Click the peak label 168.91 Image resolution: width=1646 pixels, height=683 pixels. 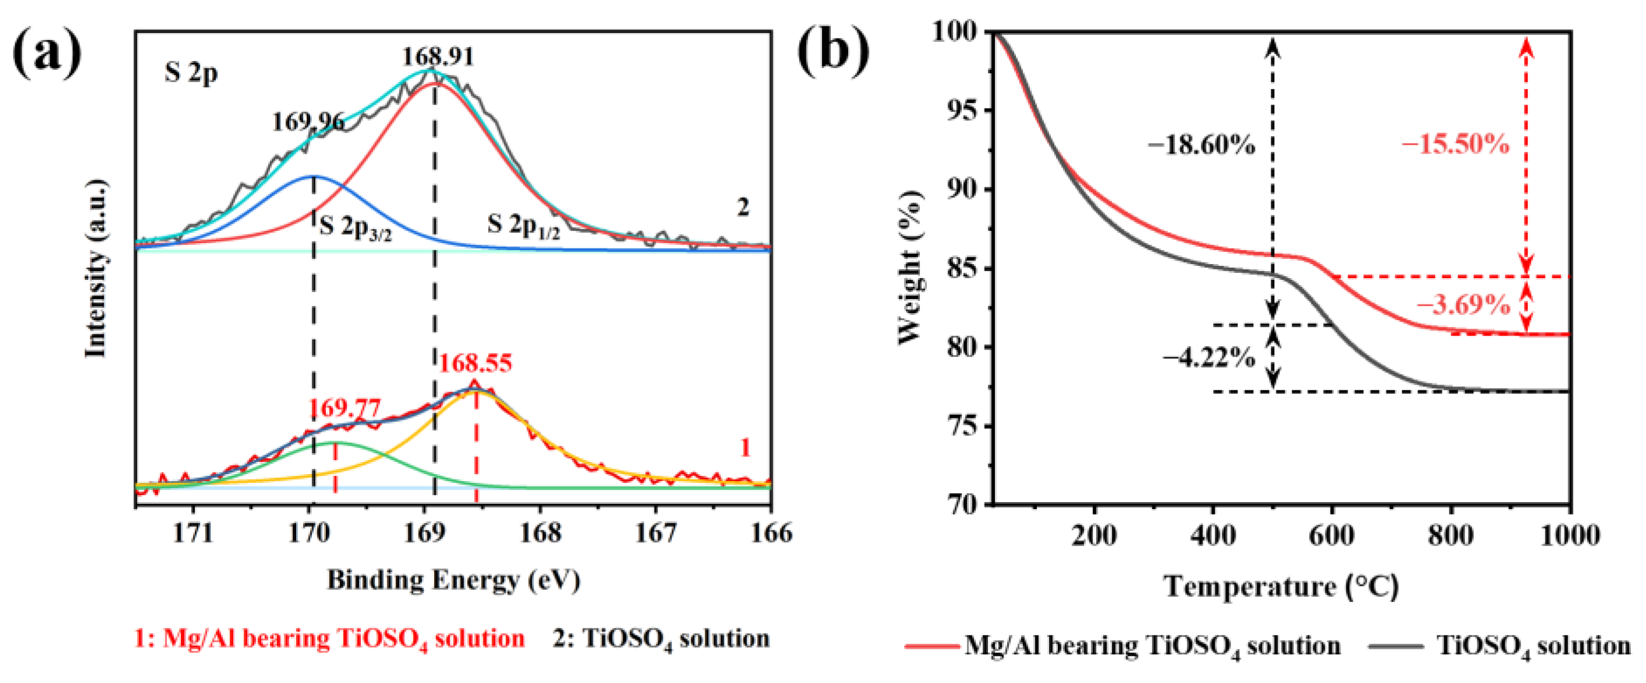438,57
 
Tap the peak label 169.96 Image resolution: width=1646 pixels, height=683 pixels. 308,122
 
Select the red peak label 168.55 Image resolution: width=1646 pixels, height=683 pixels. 475,364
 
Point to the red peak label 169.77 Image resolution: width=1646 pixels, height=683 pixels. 344,408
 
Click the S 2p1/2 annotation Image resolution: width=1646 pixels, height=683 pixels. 523,226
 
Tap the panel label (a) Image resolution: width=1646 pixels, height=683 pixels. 47,55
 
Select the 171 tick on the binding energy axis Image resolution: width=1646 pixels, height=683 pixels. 193,533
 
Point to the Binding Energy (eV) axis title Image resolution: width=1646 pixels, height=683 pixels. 453,580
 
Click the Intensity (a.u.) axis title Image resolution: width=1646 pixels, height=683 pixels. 96,268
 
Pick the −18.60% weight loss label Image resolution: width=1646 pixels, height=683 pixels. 1201,145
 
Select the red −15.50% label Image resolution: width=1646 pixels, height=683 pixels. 1455,144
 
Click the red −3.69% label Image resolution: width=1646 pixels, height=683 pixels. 1463,305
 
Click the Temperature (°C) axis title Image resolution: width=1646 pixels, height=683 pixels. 1281,586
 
